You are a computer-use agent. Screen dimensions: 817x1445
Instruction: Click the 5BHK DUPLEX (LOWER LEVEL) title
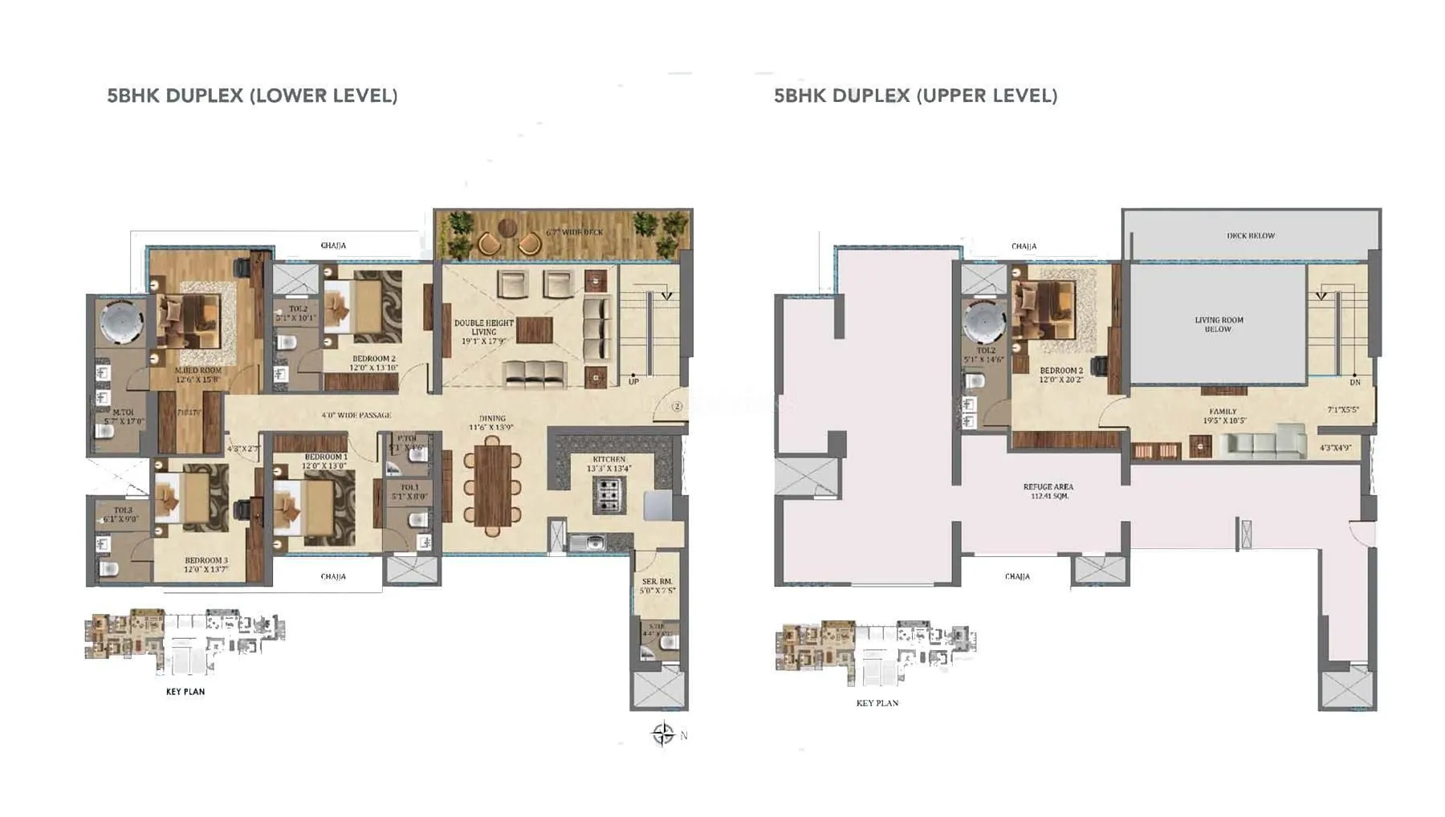[x=252, y=96]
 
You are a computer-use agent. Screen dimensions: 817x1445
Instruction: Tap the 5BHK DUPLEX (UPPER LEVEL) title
[x=915, y=96]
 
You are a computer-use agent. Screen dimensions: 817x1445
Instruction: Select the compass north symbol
[x=663, y=734]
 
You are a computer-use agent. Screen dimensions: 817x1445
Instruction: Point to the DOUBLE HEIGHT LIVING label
[x=483, y=331]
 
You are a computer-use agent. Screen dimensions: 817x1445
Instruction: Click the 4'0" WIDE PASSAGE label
[x=356, y=415]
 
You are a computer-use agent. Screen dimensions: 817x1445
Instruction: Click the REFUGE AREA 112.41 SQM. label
[x=1048, y=491]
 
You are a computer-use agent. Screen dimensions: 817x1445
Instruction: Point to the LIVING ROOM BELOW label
[x=1218, y=324]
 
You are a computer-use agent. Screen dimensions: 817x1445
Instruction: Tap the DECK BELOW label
[x=1250, y=236]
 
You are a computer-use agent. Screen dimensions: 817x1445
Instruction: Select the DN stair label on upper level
[x=1355, y=382]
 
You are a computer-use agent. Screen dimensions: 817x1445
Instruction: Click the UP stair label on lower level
[x=633, y=381]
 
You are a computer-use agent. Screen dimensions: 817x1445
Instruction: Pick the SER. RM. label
[x=657, y=585]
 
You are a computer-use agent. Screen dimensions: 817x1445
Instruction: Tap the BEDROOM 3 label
[x=206, y=564]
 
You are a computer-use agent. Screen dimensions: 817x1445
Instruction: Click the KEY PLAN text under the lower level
[x=185, y=691]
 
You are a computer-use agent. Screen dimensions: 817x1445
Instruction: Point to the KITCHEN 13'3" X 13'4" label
[x=609, y=464]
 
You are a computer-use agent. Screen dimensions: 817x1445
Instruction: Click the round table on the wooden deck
[x=507, y=228]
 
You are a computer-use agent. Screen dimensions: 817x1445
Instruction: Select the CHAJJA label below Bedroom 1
[x=333, y=576]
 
